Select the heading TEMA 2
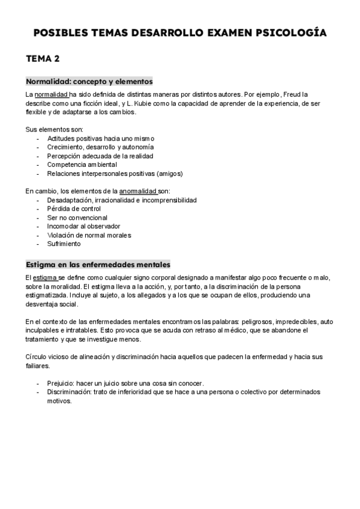point(42,59)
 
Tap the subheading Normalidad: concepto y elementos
point(89,81)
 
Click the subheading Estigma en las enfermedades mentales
point(98,265)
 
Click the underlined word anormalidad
point(139,191)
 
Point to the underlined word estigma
point(44,278)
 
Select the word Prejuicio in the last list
point(61,383)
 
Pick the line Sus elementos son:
point(54,130)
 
